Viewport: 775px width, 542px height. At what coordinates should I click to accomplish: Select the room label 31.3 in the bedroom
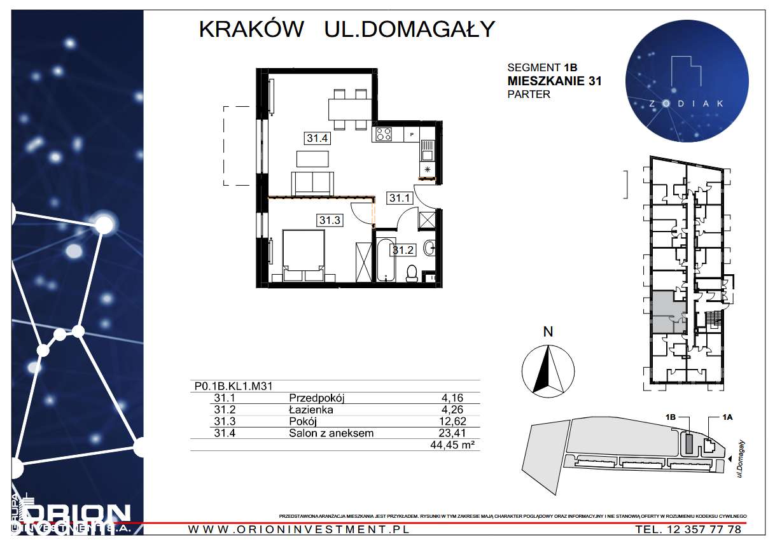point(330,220)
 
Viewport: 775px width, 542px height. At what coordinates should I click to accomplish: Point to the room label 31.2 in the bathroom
point(403,250)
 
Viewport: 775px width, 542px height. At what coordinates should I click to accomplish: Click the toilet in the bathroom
point(412,272)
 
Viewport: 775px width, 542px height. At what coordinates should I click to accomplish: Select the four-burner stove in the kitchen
point(384,134)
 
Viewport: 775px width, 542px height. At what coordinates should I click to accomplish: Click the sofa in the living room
point(312,184)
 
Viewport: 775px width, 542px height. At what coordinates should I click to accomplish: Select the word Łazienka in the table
point(311,410)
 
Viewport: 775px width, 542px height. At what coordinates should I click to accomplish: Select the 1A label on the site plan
point(729,417)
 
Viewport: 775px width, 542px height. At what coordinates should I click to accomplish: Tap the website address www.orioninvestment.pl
point(299,529)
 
